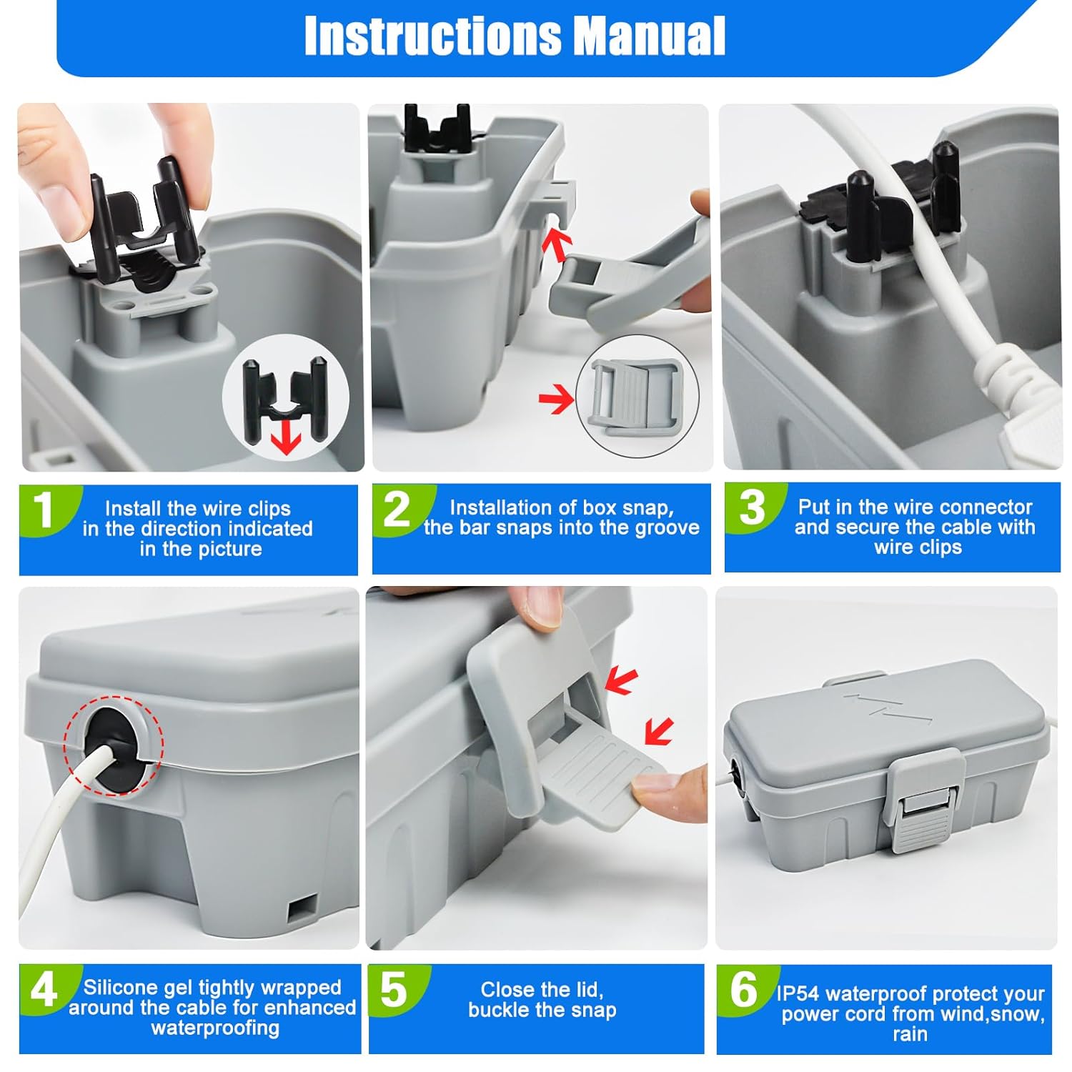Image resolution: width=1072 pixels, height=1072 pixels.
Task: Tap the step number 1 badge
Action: pyautogui.click(x=44, y=510)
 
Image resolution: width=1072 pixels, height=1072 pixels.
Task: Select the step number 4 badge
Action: pyautogui.click(x=44, y=991)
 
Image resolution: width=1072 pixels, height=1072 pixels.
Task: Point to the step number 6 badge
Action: pyautogui.click(x=743, y=991)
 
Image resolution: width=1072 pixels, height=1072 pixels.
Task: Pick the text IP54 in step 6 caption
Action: pyautogui.click(x=799, y=994)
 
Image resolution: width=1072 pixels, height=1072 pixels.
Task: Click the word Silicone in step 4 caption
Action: pyautogui.click(x=119, y=988)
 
